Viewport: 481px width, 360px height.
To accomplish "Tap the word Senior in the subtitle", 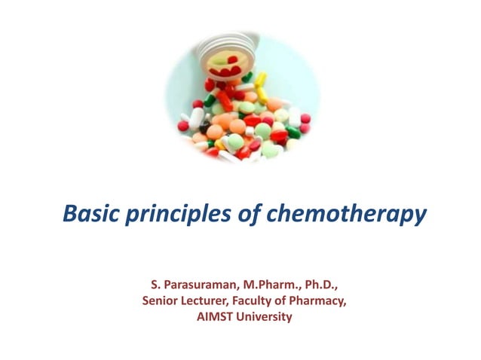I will click(x=158, y=301).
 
